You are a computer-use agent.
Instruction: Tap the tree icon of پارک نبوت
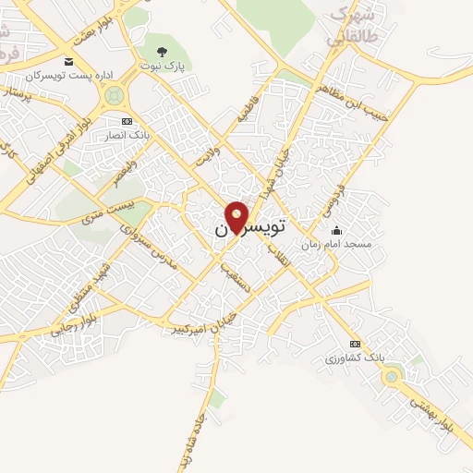(x=163, y=52)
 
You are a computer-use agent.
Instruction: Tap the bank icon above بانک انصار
(x=127, y=121)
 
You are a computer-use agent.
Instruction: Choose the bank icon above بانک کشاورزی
(x=355, y=343)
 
